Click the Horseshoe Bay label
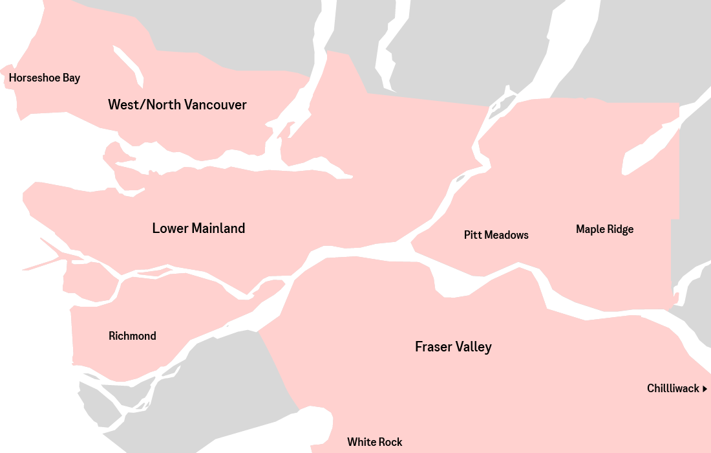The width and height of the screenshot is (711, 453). click(x=45, y=78)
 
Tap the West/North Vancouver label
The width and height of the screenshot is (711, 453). click(x=177, y=105)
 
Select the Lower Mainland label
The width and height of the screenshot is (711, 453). click(x=198, y=228)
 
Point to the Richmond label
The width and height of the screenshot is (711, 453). click(x=133, y=336)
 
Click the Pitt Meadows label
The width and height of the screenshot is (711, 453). click(x=496, y=235)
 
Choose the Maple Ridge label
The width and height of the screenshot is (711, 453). click(x=604, y=229)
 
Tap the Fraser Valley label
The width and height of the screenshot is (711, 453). click(x=453, y=347)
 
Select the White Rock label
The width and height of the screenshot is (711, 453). click(x=374, y=442)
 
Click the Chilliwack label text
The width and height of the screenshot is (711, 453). click(x=673, y=388)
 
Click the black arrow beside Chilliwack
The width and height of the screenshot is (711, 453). click(x=705, y=389)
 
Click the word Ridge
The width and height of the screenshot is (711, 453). click(x=619, y=229)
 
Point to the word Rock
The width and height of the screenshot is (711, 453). click(x=390, y=442)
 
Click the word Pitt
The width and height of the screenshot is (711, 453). click(x=472, y=235)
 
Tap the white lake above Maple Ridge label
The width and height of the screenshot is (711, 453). click(x=646, y=149)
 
